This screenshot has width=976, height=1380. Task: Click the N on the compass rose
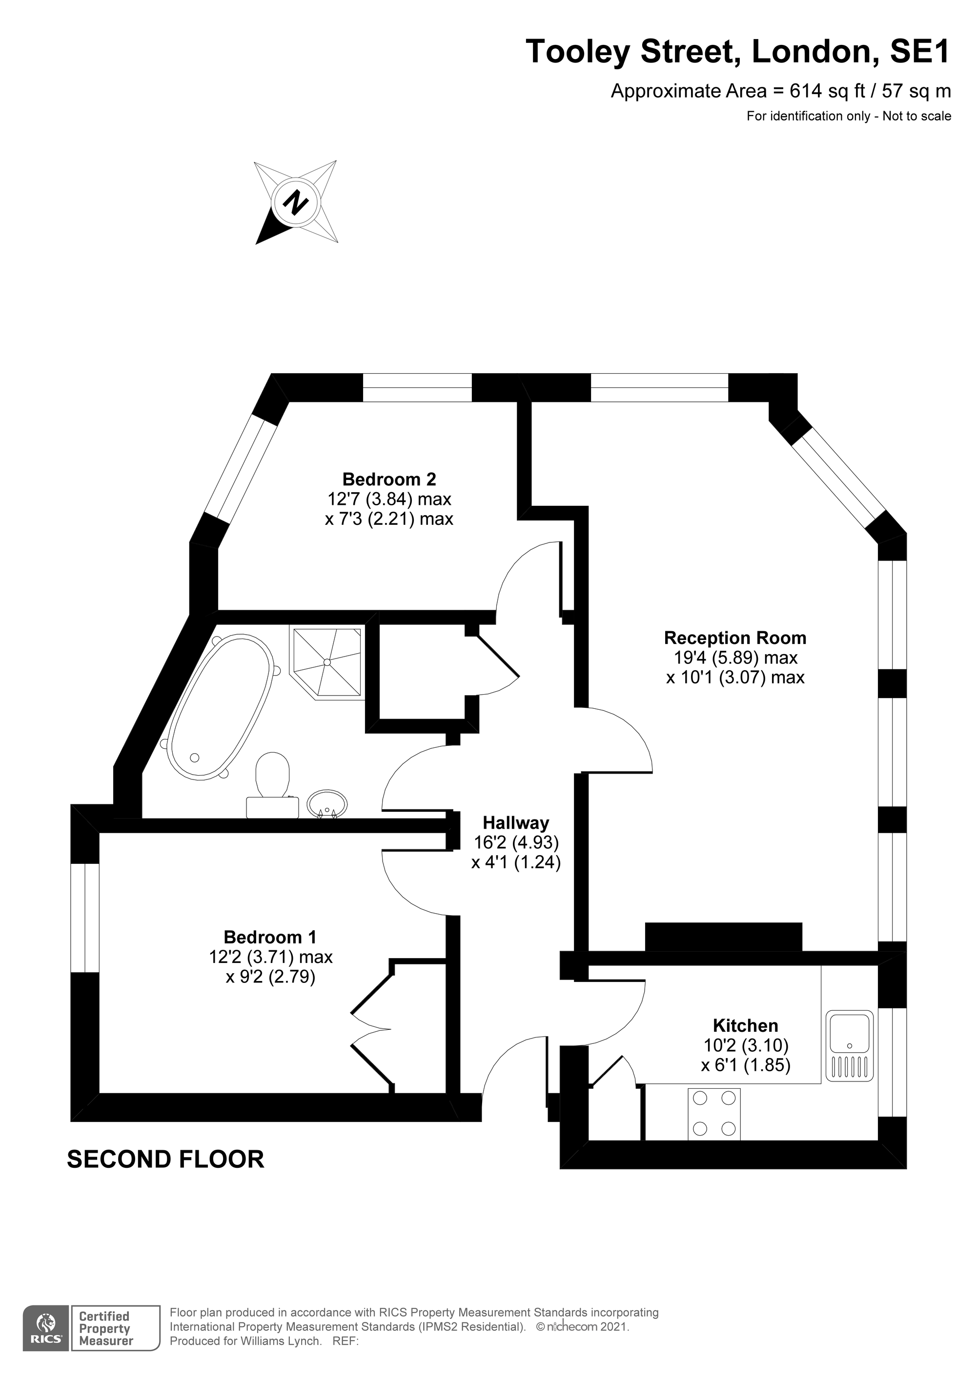coord(295,202)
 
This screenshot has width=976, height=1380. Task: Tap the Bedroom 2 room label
coord(388,479)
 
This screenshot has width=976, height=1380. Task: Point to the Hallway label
coord(516,822)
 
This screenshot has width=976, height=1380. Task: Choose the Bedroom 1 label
coord(270,937)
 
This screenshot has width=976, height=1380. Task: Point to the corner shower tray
coord(326,663)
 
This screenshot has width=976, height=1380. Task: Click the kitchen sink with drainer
coord(850,1046)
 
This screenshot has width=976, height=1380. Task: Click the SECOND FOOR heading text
coord(165,1160)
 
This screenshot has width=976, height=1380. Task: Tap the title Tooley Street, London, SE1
coord(738,52)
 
